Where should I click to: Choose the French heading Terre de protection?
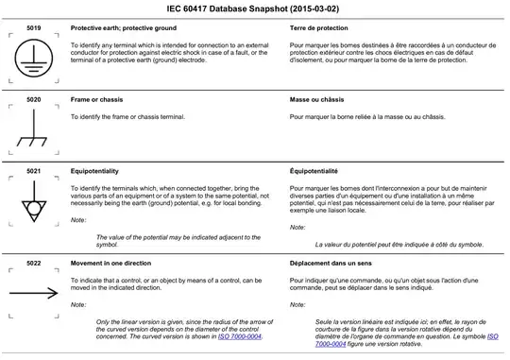[x=322, y=30]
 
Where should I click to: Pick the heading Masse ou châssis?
[x=321, y=97]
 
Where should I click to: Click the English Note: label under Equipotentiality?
[x=78, y=220]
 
